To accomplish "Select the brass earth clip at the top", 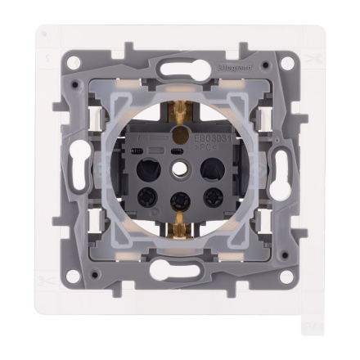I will pos(178,111).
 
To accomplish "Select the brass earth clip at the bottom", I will pos(179,238).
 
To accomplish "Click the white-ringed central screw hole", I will pos(179,173).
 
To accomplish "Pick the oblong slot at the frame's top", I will pos(179,67).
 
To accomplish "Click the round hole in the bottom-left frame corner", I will pos(74,276).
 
